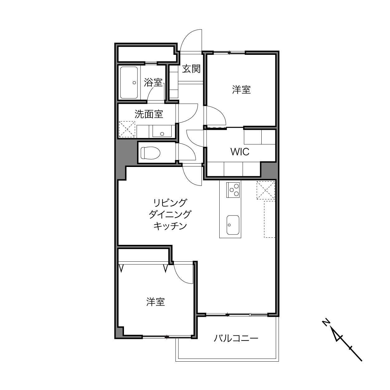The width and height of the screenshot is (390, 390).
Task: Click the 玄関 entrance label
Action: click(x=191, y=69)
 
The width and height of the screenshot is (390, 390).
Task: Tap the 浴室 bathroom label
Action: click(x=153, y=82)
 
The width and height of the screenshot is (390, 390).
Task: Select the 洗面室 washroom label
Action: click(x=149, y=114)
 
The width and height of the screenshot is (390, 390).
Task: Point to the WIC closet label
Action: click(x=240, y=152)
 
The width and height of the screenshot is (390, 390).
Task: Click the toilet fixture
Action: click(x=150, y=153)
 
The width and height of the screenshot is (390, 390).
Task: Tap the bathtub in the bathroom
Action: click(x=129, y=83)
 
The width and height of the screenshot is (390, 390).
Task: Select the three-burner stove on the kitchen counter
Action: click(x=233, y=190)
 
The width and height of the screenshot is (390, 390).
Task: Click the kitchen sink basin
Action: click(x=233, y=225)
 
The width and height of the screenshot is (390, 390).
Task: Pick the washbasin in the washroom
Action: click(x=162, y=131)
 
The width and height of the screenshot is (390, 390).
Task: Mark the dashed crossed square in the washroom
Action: click(x=127, y=129)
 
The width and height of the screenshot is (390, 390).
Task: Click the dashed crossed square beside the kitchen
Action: click(x=266, y=190)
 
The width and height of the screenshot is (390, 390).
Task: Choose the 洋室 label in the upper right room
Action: click(x=241, y=90)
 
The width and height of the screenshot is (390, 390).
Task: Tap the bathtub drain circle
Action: click(x=134, y=83)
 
